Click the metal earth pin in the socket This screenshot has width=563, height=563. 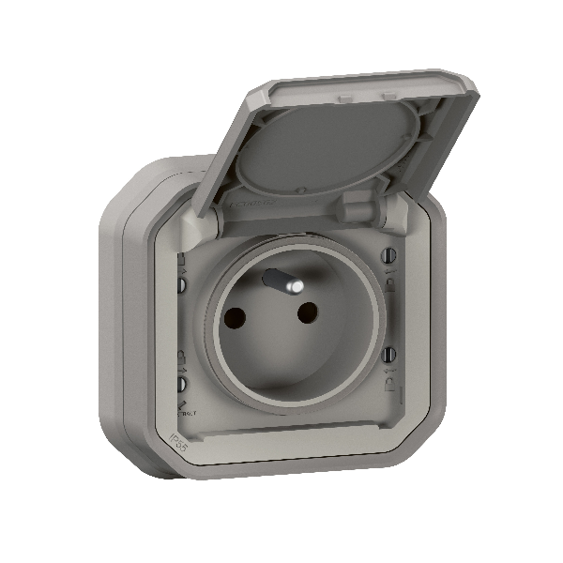pyautogui.click(x=277, y=281)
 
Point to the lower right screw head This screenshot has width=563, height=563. pyautogui.click(x=388, y=354)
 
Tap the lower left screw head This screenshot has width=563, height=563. pyautogui.click(x=182, y=384)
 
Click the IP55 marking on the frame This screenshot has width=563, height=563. pyautogui.click(x=177, y=438)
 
